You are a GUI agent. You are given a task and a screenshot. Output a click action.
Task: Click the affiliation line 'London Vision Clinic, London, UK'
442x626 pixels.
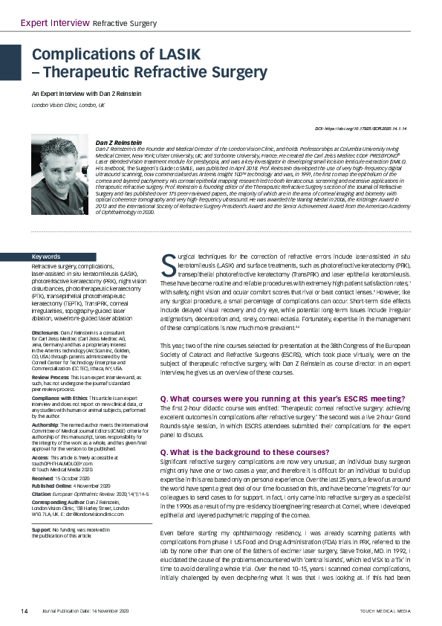coord(68,106)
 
